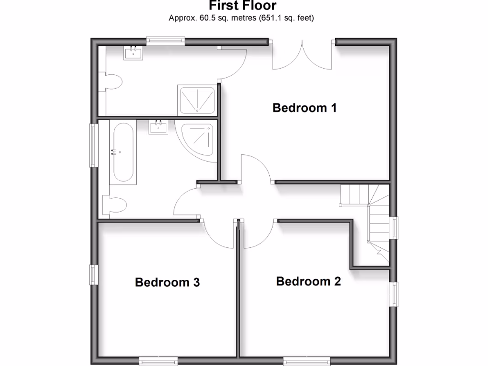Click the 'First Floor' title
click(242, 6)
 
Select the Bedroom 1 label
click(305, 108)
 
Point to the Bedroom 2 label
click(308, 281)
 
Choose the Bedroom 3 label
click(167, 282)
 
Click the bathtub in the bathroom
click(123, 152)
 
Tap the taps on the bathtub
click(114, 152)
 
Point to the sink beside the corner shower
click(158, 127)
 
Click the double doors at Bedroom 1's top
click(302, 56)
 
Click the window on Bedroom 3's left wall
click(94, 275)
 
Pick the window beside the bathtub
click(94, 145)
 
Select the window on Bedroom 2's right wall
click(395, 294)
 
